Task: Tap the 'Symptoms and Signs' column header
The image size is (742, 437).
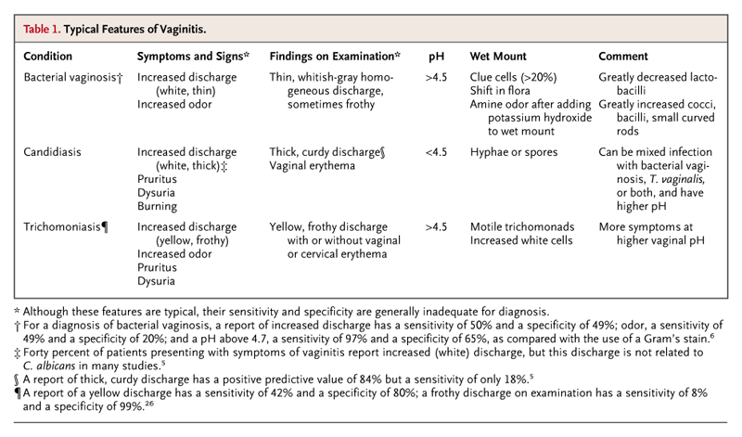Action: click(x=193, y=57)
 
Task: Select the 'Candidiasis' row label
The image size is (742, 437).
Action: click(x=54, y=149)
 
